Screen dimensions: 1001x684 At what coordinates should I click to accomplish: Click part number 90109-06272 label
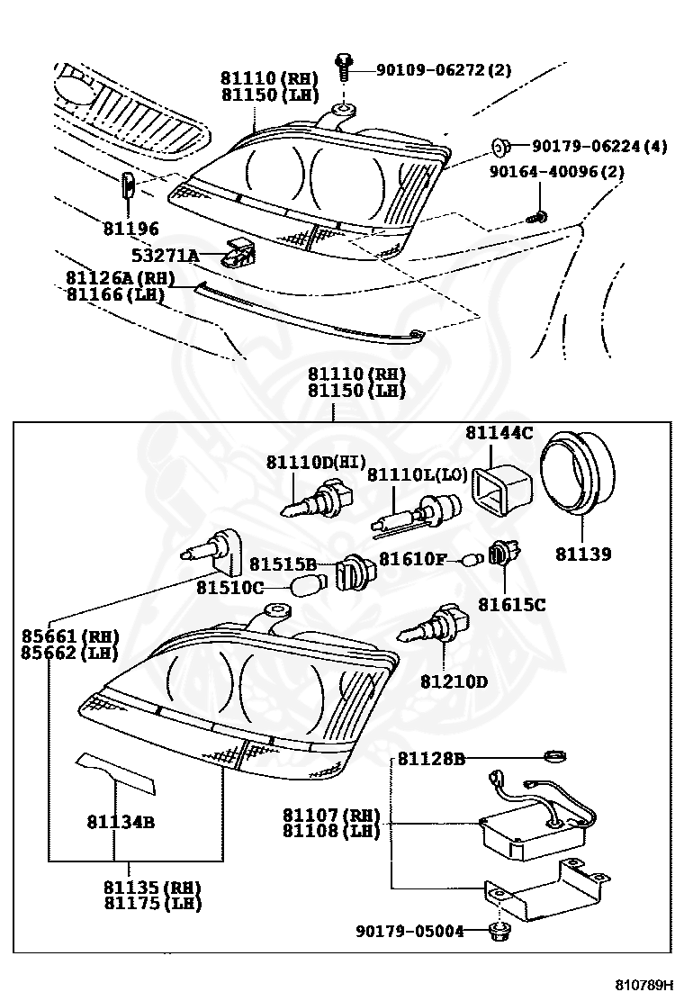click(431, 69)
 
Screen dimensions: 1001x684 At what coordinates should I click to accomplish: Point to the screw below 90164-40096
click(539, 216)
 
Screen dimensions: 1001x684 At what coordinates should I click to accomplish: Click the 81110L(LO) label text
click(404, 474)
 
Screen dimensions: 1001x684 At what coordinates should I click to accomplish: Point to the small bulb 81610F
click(470, 560)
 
